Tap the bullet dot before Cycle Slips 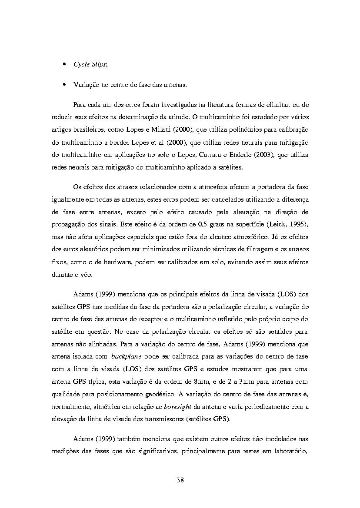(64, 64)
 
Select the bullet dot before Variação (64, 85)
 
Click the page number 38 (180, 480)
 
